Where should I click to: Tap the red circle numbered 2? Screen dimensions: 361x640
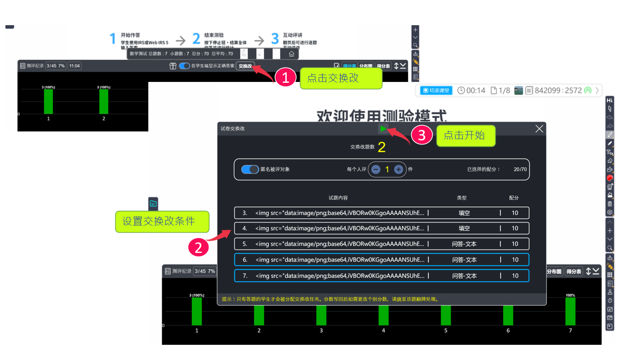click(x=198, y=246)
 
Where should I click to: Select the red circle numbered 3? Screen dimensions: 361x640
click(x=422, y=136)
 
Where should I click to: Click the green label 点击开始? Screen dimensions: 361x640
click(x=466, y=135)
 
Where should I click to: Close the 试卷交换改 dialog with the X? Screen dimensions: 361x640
click(x=539, y=129)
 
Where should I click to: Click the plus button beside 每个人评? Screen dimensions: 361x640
click(x=398, y=169)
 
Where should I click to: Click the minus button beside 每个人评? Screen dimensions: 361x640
click(x=376, y=169)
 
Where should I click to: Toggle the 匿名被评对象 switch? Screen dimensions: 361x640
click(x=250, y=169)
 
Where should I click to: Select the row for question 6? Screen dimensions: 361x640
click(x=381, y=260)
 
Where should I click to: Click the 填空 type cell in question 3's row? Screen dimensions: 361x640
click(x=464, y=213)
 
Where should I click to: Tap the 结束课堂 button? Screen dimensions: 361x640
click(x=436, y=90)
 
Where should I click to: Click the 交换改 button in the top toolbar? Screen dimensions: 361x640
click(x=245, y=66)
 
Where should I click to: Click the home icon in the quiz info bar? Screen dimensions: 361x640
click(x=291, y=54)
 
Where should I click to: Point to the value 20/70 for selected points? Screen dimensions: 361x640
click(x=520, y=169)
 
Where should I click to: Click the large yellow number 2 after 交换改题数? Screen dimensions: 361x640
click(x=382, y=147)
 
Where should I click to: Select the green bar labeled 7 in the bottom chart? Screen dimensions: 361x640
click(x=570, y=311)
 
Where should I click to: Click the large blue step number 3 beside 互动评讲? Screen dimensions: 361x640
click(x=275, y=39)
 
